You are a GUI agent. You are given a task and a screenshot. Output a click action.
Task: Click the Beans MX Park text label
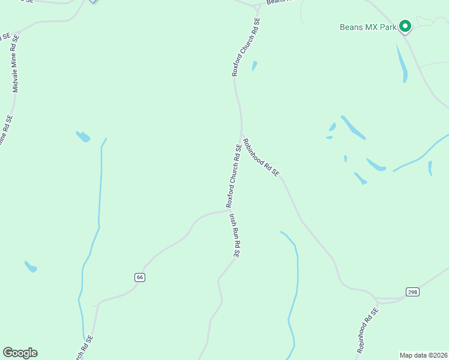click(368, 27)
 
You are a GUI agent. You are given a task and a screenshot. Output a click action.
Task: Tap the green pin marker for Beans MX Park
click(405, 26)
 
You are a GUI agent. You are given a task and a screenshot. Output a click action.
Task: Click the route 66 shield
click(140, 277)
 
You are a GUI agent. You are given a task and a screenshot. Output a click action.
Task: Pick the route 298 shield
click(412, 292)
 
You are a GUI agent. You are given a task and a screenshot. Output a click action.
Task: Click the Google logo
click(20, 353)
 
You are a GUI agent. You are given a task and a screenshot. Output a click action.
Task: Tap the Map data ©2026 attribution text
click(424, 355)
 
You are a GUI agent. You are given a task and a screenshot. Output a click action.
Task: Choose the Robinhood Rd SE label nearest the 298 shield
click(367, 330)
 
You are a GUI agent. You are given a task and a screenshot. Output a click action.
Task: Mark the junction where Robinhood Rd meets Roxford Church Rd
click(241, 137)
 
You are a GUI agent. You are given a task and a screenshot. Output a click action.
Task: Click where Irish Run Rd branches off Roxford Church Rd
click(228, 210)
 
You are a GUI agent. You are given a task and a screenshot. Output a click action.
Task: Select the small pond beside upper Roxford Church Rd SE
click(255, 65)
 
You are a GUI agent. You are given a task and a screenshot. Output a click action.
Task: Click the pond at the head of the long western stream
click(83, 137)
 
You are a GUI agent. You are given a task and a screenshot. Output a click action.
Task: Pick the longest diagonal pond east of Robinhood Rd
click(353, 127)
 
